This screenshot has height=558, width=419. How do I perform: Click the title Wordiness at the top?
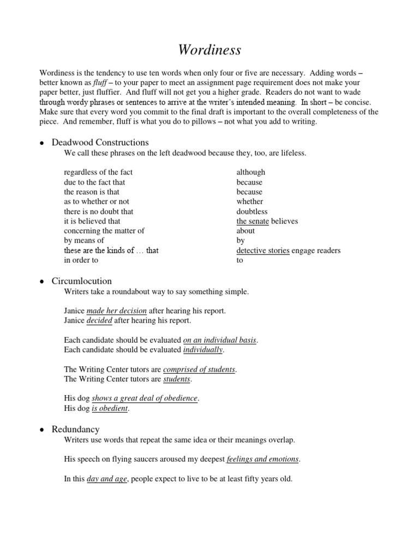(x=209, y=50)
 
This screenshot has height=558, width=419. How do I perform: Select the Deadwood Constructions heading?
(x=100, y=143)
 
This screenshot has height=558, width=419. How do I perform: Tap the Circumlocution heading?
(x=81, y=281)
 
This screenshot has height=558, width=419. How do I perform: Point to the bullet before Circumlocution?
(x=41, y=282)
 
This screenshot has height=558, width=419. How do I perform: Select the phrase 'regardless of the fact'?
(x=98, y=172)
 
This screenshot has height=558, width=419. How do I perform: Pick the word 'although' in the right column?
(x=250, y=172)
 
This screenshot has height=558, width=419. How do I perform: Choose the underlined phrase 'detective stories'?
(x=263, y=251)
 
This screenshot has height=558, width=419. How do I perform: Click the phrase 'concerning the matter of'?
(x=104, y=231)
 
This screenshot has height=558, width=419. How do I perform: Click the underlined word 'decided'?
(x=99, y=320)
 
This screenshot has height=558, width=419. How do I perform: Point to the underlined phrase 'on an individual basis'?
(x=219, y=340)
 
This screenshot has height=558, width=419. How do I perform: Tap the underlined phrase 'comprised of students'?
(x=199, y=369)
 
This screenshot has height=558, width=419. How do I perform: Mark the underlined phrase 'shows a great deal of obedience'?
(x=145, y=398)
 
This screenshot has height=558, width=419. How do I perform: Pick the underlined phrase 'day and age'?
(x=106, y=480)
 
